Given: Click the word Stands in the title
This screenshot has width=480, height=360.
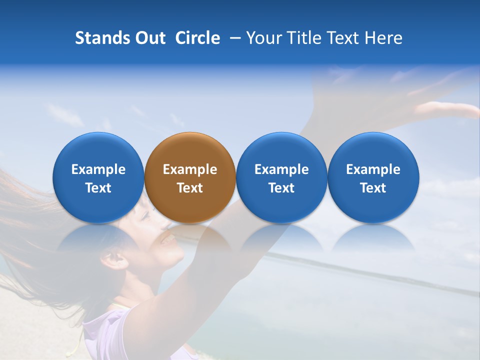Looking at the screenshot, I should coord(102,38).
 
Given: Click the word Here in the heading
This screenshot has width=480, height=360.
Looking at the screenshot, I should coord(383,38).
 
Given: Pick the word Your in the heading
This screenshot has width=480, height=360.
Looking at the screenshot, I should coord(264,38).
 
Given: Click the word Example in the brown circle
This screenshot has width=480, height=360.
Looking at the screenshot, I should coord(190,169).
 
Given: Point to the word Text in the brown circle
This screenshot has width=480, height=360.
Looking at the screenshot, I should coord(190,188).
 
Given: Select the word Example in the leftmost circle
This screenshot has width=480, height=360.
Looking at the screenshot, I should coord(98,169).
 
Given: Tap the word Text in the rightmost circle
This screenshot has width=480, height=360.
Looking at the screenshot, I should coord(373,188).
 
